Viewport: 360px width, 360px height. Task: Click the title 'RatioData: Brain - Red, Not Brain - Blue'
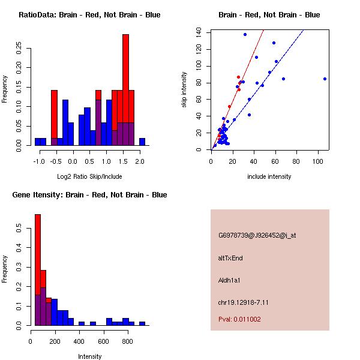[x=89, y=15]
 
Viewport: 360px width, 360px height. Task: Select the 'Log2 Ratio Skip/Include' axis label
[x=89, y=176]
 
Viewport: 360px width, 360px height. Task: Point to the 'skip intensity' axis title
[x=185, y=90]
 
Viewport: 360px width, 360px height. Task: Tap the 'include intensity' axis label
[x=269, y=176]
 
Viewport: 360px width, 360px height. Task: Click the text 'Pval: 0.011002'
[x=239, y=320]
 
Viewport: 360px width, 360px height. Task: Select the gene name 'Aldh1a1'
[x=230, y=280]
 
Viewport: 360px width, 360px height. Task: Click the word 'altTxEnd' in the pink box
[x=230, y=258]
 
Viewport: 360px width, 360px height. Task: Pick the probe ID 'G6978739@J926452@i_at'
[x=257, y=235]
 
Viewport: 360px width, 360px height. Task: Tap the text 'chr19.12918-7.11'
[x=243, y=302]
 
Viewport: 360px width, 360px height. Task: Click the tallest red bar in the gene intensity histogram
[x=38, y=252]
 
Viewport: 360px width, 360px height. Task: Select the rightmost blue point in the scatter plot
[x=325, y=79]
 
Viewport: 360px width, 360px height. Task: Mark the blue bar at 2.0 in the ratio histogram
[x=142, y=142]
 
